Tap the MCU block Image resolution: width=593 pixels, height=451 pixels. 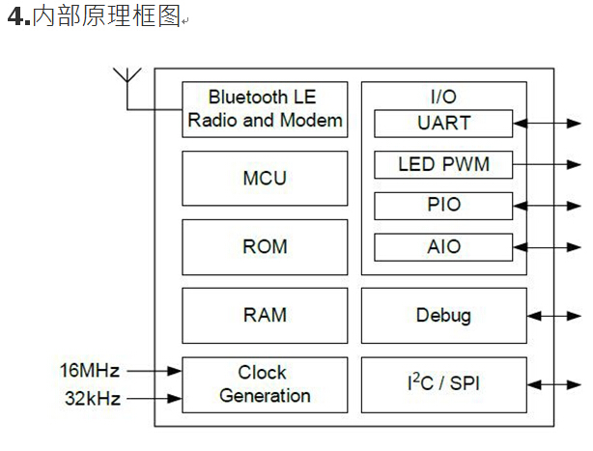(x=265, y=179)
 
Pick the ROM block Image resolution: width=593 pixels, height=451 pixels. (x=265, y=247)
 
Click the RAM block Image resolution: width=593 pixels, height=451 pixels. (x=265, y=316)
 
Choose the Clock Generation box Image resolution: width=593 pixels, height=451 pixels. (x=265, y=384)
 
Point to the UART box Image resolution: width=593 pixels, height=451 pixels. (x=444, y=124)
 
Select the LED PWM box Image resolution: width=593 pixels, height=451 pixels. (x=444, y=164)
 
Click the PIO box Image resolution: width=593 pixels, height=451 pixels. (x=444, y=205)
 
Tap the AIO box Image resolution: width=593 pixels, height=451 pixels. (x=444, y=246)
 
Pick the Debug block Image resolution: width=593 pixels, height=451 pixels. (x=444, y=316)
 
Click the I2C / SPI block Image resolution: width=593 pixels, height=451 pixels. (x=444, y=384)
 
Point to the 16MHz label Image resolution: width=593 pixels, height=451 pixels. (x=89, y=370)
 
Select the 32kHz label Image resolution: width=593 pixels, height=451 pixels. (x=91, y=398)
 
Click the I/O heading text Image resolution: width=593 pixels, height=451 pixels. (x=443, y=97)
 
